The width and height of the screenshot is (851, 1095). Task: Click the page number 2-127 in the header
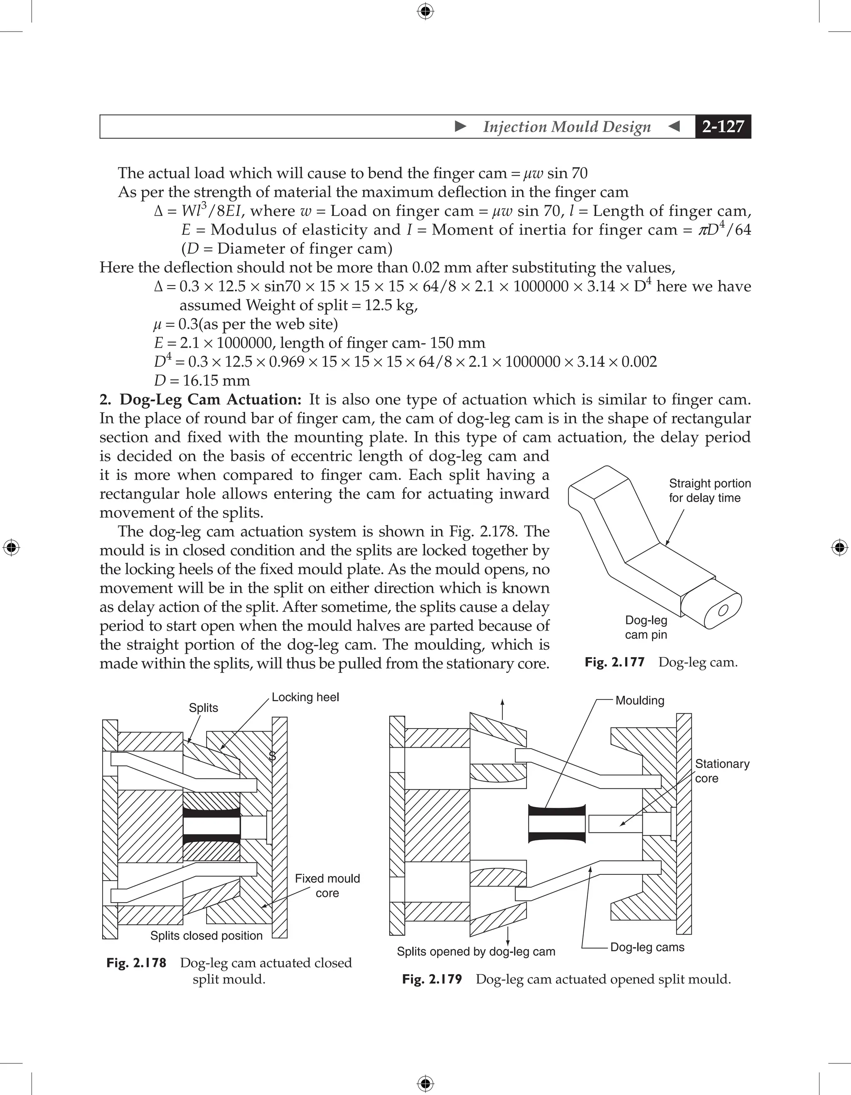723,126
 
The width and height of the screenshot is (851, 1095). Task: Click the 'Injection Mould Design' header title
567,127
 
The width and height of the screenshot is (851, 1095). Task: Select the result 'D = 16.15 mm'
202,381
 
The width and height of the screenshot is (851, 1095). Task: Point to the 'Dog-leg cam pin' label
646,627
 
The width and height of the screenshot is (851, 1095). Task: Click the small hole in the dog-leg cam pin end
723,610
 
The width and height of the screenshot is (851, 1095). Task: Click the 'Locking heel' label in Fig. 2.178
305,697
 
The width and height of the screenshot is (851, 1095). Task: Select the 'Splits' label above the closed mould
203,708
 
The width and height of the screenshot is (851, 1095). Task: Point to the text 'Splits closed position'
206,935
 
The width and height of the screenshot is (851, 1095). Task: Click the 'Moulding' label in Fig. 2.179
639,700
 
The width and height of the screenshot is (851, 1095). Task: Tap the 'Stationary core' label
722,771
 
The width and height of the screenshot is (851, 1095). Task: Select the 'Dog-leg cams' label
647,947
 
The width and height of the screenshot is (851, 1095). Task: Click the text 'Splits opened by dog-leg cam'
476,952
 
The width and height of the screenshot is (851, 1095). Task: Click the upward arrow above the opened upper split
502,708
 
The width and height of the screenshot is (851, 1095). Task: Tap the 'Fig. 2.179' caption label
432,979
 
